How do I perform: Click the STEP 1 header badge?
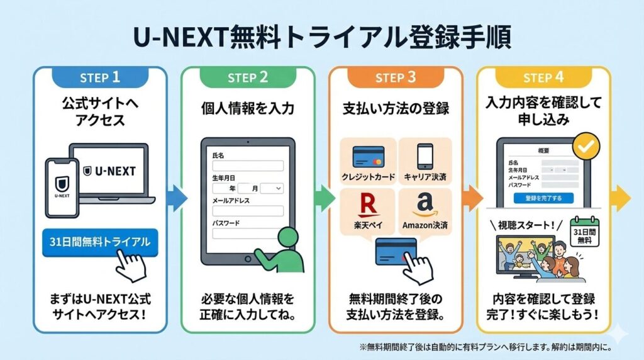(100, 77)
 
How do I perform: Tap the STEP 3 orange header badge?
(396, 77)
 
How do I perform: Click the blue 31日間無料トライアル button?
(99, 242)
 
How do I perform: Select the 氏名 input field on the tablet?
(248, 166)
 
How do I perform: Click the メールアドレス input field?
(248, 211)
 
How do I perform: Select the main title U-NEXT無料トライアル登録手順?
(322, 37)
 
